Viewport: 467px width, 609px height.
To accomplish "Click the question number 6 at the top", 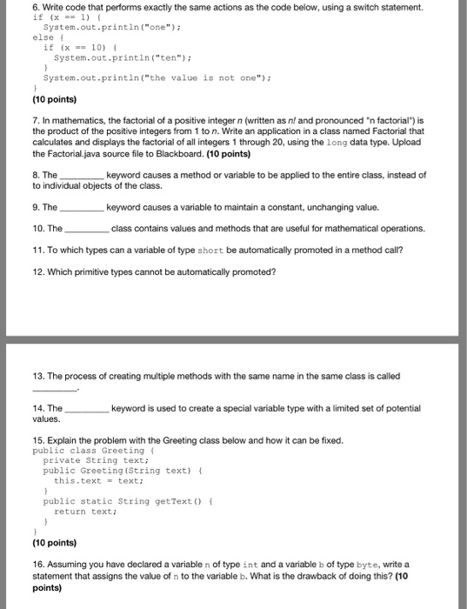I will pyautogui.click(x=36, y=7).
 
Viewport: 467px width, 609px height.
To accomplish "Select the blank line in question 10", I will pyautogui.click(x=87, y=230).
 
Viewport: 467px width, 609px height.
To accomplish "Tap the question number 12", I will pyautogui.click(x=38, y=271).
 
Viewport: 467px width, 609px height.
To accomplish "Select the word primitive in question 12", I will pyautogui.click(x=95, y=271).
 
